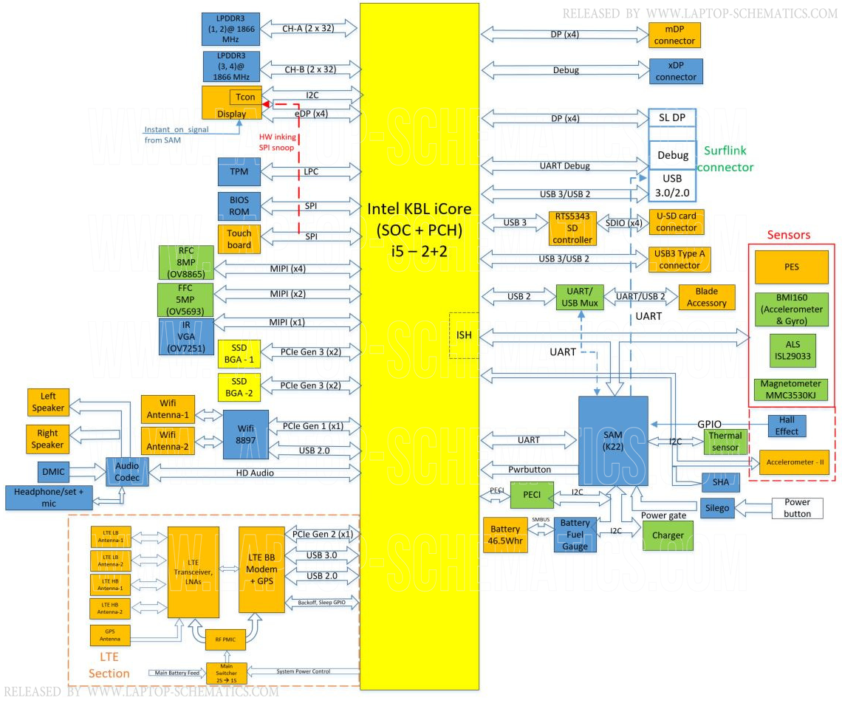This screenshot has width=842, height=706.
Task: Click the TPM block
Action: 239,171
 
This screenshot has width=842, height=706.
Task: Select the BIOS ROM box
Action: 239,206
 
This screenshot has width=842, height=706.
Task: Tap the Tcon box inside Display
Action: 246,97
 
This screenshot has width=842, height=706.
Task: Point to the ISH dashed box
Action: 464,335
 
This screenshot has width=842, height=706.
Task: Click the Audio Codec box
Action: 127,471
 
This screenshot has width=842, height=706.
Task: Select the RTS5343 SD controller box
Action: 572,228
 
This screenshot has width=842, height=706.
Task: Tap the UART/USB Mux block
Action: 579,297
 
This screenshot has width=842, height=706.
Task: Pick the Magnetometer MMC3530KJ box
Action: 791,389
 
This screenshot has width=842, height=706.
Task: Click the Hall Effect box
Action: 787,426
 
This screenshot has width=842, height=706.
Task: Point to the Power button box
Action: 797,508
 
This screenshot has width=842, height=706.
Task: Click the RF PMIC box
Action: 225,639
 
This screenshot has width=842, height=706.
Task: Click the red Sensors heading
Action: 788,235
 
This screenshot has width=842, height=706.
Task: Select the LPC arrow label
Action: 310,171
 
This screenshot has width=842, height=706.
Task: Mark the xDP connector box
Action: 675,71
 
